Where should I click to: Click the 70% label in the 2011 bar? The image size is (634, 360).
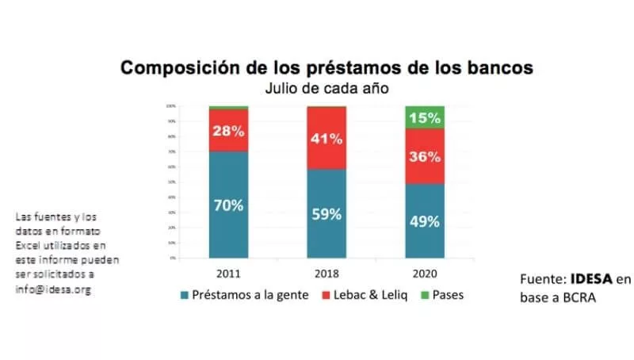tap(228, 205)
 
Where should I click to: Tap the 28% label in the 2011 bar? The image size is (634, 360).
tap(228, 131)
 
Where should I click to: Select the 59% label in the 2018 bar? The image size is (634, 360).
tap(326, 213)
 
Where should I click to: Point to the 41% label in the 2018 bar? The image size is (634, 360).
tap(326, 140)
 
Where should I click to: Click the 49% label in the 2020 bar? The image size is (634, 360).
tap(424, 221)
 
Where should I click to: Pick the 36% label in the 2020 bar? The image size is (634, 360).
tap(424, 156)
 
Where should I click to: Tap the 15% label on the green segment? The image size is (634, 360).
tap(424, 118)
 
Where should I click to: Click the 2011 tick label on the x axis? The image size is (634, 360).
tap(228, 272)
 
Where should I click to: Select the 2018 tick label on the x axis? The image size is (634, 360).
tap(326, 272)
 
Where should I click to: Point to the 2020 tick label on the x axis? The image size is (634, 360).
tap(424, 272)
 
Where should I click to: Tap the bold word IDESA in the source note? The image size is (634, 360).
tap(593, 279)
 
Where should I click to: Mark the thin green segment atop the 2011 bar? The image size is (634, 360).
tap(228, 107)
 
